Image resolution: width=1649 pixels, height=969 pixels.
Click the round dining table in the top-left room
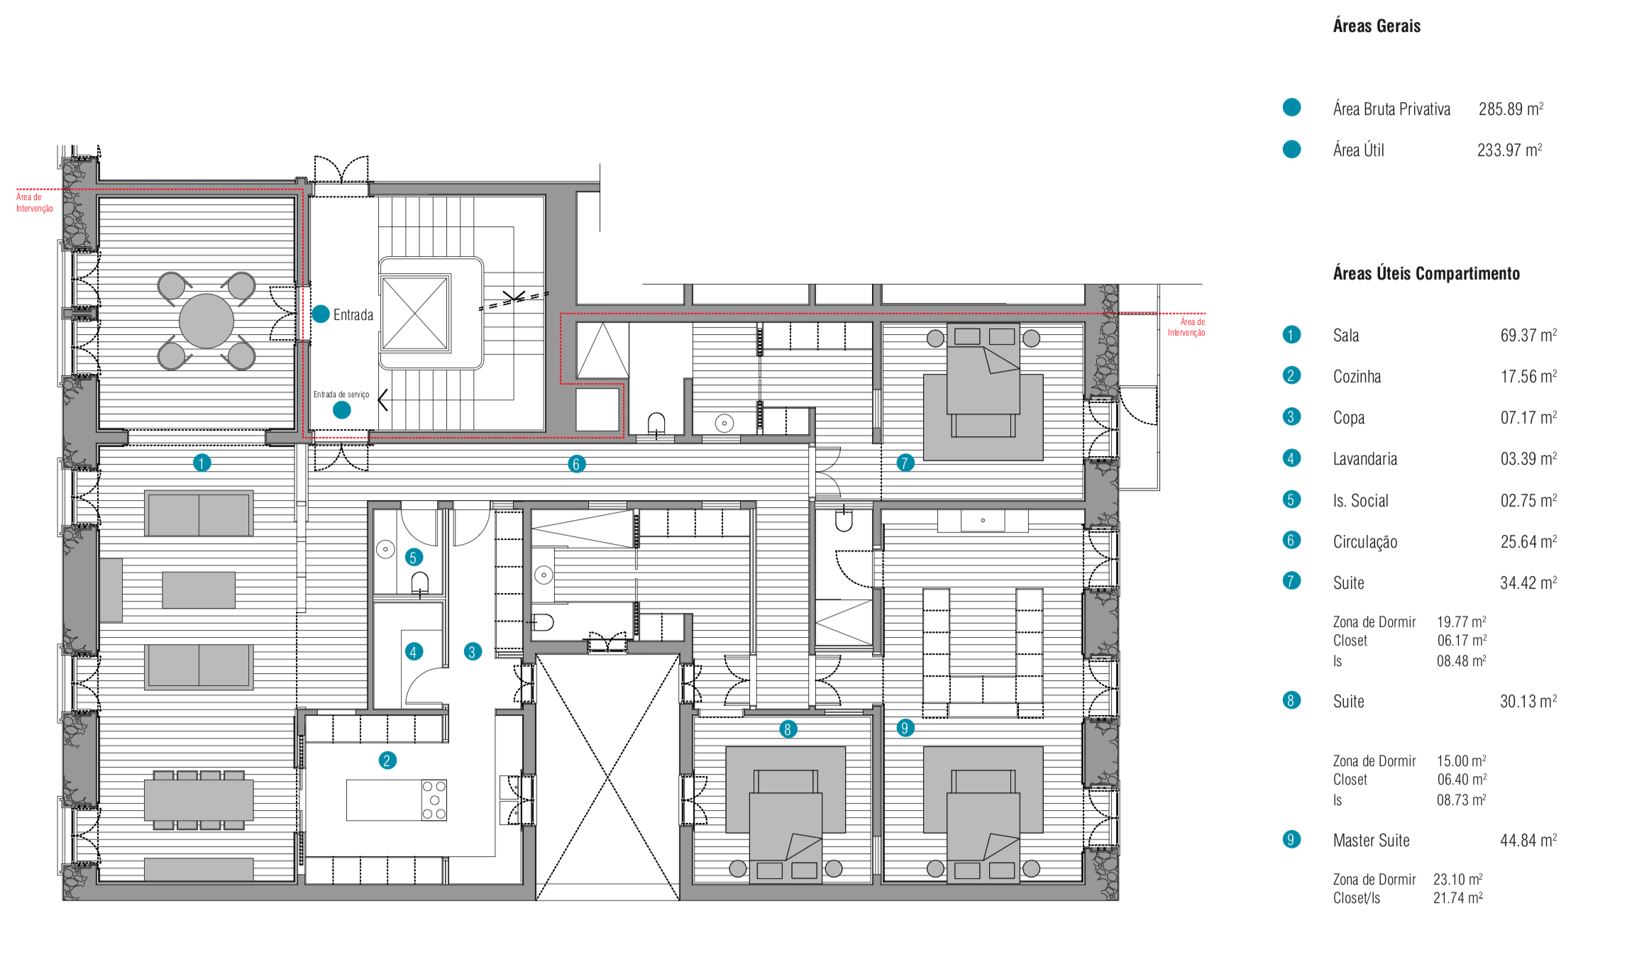click(206, 321)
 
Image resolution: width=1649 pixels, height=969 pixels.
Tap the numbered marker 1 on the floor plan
click(202, 463)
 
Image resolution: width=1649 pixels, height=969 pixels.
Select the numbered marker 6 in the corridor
click(576, 464)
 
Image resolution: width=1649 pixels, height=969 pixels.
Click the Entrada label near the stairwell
click(353, 315)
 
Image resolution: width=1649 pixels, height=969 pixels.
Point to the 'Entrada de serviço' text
click(341, 394)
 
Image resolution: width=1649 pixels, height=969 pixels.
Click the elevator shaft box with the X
click(415, 313)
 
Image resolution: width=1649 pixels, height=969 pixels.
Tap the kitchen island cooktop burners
click(434, 800)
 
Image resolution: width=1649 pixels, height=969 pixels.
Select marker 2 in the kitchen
click(387, 760)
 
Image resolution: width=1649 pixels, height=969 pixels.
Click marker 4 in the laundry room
click(414, 651)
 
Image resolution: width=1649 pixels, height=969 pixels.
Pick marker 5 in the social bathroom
click(414, 558)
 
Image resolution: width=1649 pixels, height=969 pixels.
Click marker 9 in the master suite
click(905, 728)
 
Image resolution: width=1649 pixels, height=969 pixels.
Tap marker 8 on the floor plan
click(787, 729)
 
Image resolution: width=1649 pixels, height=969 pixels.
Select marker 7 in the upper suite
click(905, 463)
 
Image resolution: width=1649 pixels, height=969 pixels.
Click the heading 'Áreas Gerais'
click(1377, 26)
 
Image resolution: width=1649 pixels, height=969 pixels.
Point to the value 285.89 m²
click(1511, 109)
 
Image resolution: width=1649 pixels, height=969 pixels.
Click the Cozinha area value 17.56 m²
click(1528, 376)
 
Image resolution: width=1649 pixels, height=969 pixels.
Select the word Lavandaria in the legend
click(1365, 459)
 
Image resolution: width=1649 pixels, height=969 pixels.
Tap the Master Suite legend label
click(1372, 841)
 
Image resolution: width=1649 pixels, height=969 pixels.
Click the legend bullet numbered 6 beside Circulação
click(1291, 541)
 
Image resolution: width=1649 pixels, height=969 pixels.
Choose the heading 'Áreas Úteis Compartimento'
click(1426, 274)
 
